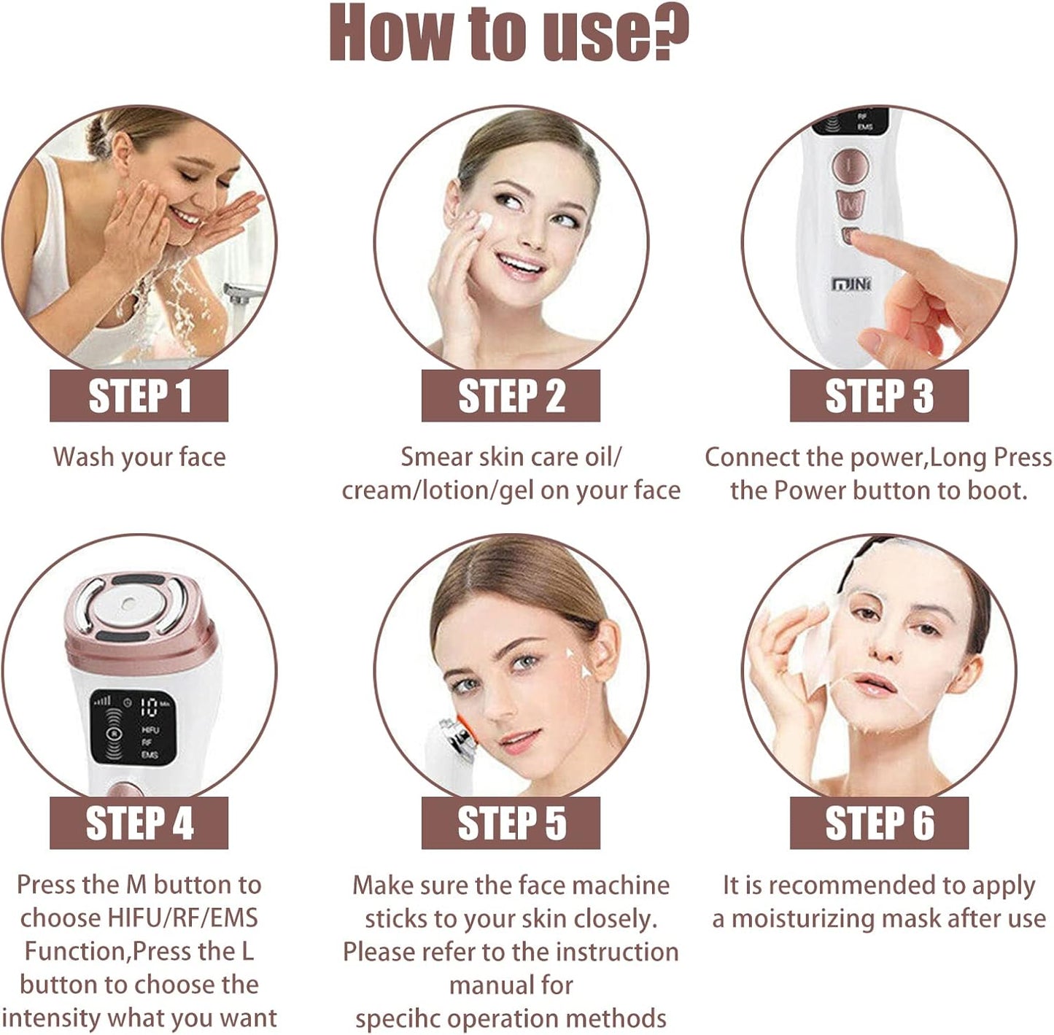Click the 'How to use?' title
[x=508, y=33]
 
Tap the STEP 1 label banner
[x=139, y=396]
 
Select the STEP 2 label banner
[x=511, y=396]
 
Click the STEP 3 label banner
[x=879, y=396]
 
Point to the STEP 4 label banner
[x=139, y=823]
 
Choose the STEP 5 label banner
[x=511, y=823]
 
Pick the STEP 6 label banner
[x=879, y=823]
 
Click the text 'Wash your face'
[x=139, y=457]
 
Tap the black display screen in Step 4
[x=133, y=726]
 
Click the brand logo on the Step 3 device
[x=851, y=284]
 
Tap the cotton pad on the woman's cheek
[x=481, y=222]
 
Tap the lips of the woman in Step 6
[x=874, y=685]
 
